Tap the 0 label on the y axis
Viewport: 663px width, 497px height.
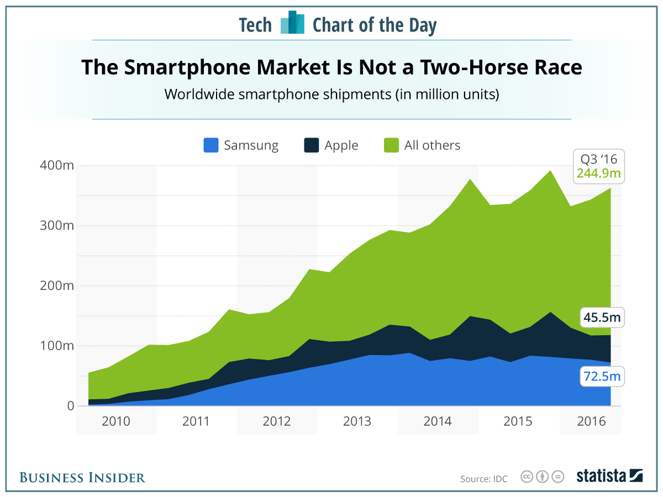[x=70, y=406]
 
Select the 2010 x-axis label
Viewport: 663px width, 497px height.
[x=115, y=422]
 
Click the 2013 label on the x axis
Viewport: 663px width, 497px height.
[x=357, y=422]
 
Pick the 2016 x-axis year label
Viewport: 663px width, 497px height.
[x=590, y=422]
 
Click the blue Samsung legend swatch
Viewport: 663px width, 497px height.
[x=211, y=146]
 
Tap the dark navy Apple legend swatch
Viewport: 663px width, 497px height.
[x=312, y=146]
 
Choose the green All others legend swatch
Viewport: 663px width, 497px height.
[x=391, y=146]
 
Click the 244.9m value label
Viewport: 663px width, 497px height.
[x=598, y=174]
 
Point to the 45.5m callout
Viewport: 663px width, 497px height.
[x=602, y=318]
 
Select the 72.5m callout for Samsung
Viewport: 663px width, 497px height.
[x=602, y=378]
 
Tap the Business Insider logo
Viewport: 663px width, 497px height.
[x=82, y=478]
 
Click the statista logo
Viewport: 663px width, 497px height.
[x=609, y=476]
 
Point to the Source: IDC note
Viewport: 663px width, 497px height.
[x=483, y=478]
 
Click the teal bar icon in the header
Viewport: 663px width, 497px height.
[x=292, y=23]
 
